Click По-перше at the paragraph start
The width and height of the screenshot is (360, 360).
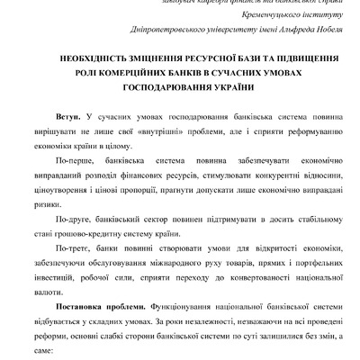coord(72,162)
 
